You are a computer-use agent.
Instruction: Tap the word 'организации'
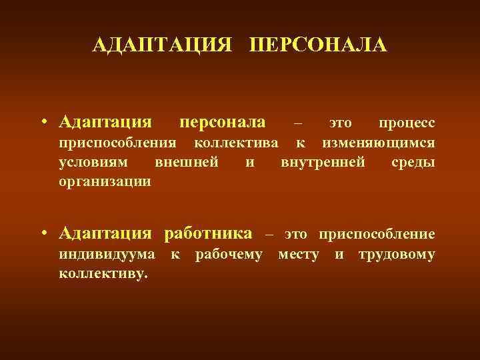[x=105, y=181]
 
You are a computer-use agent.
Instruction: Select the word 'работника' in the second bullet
[x=213, y=233]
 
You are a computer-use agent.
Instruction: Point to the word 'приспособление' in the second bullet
[x=377, y=234]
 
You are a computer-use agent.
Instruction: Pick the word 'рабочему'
[x=229, y=254]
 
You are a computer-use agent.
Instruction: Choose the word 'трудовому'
[x=397, y=254]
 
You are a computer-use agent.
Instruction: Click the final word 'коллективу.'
[x=103, y=273]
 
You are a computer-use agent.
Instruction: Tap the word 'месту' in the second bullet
[x=298, y=254]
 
